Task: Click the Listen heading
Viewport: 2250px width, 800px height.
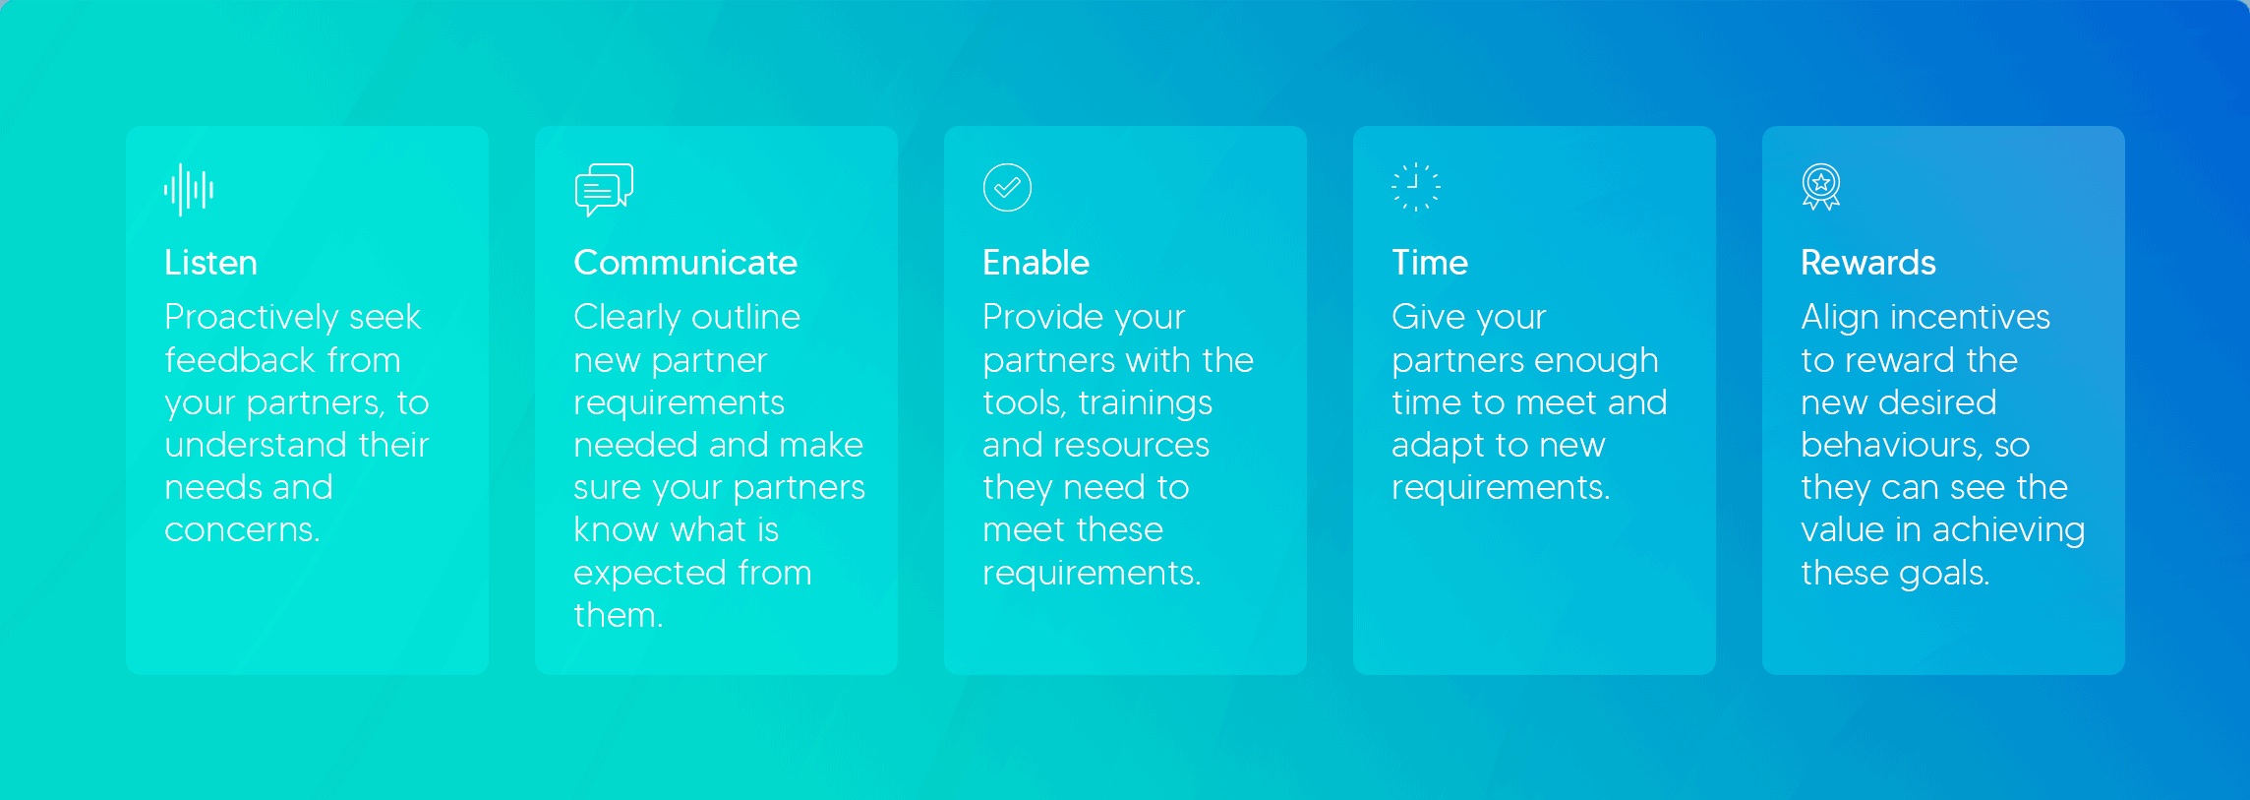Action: [x=210, y=263]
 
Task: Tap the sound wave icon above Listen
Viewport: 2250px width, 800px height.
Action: [x=189, y=189]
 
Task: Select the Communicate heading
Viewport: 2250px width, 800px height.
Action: [x=685, y=263]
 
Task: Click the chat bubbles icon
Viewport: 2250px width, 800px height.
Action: [x=604, y=190]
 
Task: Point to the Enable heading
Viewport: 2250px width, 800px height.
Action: [x=1036, y=263]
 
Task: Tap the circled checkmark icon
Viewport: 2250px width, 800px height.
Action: [x=1007, y=187]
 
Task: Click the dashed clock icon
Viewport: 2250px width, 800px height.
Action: [x=1416, y=187]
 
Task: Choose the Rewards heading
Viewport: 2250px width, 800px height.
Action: [x=1868, y=263]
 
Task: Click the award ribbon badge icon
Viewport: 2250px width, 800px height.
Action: [x=1821, y=187]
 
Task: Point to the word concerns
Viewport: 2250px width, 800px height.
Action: [x=242, y=530]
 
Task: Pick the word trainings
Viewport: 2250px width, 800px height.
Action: [x=1146, y=403]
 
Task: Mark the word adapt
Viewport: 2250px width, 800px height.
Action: [x=1440, y=446]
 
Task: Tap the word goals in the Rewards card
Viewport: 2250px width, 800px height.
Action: [x=1944, y=574]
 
